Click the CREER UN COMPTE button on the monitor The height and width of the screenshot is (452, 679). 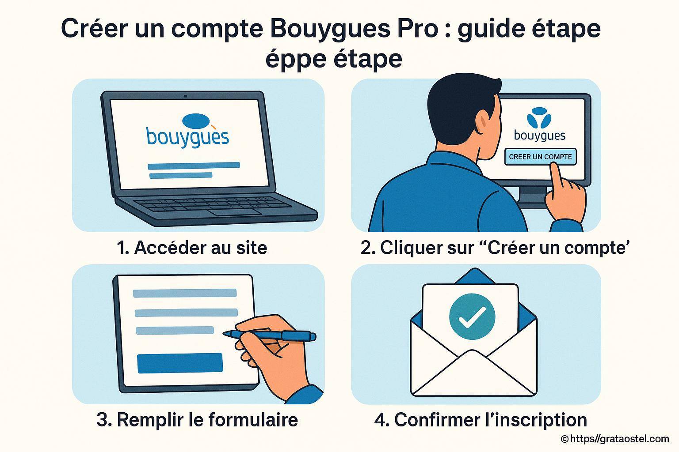540,157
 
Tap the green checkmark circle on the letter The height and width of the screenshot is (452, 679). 472,316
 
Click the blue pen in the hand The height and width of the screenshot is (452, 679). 270,335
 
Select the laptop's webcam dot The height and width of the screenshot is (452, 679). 185,96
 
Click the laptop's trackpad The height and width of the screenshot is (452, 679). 235,212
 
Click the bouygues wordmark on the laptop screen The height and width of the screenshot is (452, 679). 187,138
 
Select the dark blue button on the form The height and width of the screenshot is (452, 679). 180,363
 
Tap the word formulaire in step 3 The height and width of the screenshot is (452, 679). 253,420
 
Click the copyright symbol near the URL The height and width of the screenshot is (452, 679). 564,439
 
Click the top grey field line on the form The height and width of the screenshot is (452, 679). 185,293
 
